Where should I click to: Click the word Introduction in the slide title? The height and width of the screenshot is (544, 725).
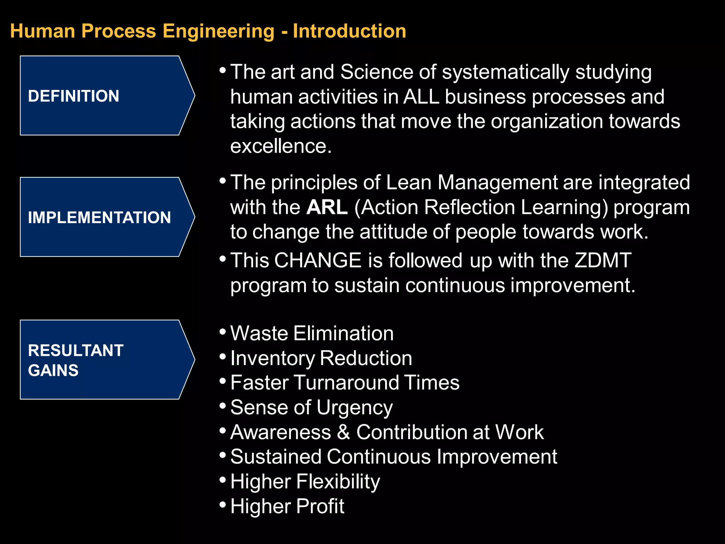(x=349, y=31)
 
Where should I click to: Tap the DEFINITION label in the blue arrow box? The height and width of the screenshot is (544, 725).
(x=74, y=96)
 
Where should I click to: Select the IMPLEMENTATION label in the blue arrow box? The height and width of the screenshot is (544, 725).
(x=99, y=217)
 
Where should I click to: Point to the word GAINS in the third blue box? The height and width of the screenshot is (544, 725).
(x=53, y=370)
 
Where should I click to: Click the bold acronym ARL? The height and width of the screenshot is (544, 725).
(x=327, y=207)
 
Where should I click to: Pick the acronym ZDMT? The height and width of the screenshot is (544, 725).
(x=603, y=260)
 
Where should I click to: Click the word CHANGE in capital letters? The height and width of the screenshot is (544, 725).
(x=318, y=260)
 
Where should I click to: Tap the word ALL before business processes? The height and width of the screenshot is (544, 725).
(x=421, y=97)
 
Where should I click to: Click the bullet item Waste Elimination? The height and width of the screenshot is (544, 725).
(x=312, y=333)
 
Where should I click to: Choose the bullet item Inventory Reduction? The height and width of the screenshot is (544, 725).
(x=321, y=358)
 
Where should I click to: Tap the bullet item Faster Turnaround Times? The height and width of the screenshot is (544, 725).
(x=345, y=382)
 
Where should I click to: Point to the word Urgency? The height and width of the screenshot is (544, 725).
(x=355, y=408)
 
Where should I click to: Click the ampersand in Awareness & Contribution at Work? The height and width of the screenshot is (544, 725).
(x=343, y=432)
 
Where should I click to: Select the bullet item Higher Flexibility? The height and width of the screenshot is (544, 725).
(x=305, y=481)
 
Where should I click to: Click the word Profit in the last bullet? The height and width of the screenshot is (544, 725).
(x=320, y=506)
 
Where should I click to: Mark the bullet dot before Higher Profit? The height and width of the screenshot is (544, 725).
(x=223, y=504)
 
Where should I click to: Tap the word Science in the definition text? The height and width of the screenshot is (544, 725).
(x=377, y=72)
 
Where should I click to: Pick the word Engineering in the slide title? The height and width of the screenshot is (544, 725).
(x=218, y=31)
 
